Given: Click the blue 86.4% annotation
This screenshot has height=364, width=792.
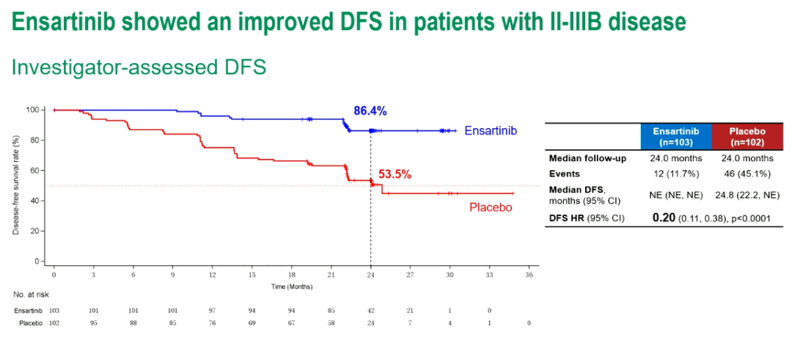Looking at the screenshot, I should [370, 111].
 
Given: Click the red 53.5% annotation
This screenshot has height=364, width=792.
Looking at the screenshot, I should [395, 175].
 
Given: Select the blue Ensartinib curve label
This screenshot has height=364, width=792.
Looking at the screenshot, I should [491, 130].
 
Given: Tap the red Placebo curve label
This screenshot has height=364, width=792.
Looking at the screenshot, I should [490, 207].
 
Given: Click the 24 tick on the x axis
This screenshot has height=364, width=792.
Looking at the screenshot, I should [370, 275].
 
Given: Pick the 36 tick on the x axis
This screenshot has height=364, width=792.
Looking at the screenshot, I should [529, 275].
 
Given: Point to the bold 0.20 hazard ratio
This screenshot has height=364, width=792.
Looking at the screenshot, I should [664, 218].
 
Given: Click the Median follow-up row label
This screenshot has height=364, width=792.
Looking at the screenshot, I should [587, 158].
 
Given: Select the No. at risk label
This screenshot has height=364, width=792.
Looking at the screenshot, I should [29, 294].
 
